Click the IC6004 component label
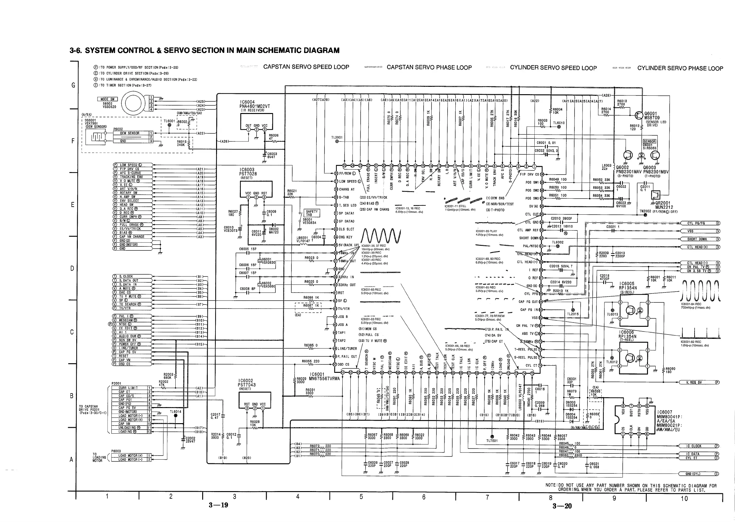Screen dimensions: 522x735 [247, 102]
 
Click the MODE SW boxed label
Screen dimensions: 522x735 [107, 99]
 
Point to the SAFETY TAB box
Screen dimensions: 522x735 [311, 213]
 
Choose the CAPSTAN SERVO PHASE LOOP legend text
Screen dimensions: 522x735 [429, 68]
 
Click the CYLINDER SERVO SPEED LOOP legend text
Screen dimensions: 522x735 [553, 68]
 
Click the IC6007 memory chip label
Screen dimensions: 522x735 [665, 412]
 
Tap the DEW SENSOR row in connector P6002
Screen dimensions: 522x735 [130, 133]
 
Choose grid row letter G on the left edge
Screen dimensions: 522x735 [73, 85]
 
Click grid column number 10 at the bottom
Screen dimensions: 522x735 [684, 499]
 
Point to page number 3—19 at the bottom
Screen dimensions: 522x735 [219, 505]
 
